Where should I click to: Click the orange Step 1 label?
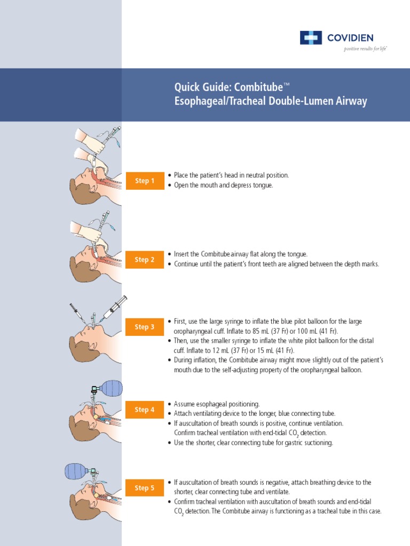coord(145,181)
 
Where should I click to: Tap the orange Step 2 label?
coord(145,260)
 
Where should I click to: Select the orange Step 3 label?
coord(145,327)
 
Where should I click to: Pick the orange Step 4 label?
coord(145,409)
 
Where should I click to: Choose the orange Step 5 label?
coord(145,488)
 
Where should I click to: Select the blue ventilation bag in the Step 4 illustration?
coord(111,388)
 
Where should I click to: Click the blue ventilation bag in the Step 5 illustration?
coord(76,471)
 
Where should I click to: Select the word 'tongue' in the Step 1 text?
coord(263,184)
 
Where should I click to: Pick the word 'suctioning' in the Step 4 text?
coord(317,443)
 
